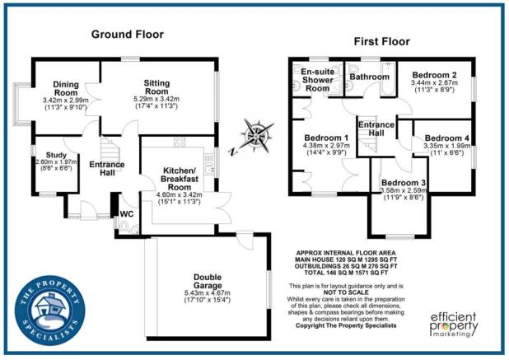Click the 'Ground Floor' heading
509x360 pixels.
click(x=127, y=35)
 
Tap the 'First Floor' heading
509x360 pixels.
click(x=381, y=40)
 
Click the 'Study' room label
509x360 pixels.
click(x=56, y=154)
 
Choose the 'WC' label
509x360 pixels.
click(x=127, y=214)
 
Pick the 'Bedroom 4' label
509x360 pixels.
click(x=447, y=138)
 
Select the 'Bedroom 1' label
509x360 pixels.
click(x=327, y=138)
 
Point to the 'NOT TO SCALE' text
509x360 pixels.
click(x=350, y=294)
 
